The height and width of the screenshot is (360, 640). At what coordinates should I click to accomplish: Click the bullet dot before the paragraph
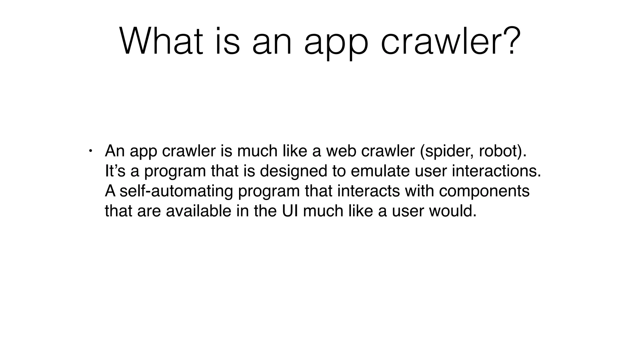(x=90, y=151)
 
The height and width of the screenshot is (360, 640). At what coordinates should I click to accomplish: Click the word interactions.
(x=496, y=171)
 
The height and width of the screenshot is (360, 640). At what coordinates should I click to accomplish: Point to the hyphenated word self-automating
(x=176, y=192)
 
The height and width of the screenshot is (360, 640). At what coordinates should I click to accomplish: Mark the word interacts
(x=368, y=191)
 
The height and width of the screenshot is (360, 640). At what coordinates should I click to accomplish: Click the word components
(x=484, y=192)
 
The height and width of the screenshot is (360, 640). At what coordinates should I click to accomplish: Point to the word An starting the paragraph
(x=115, y=151)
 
